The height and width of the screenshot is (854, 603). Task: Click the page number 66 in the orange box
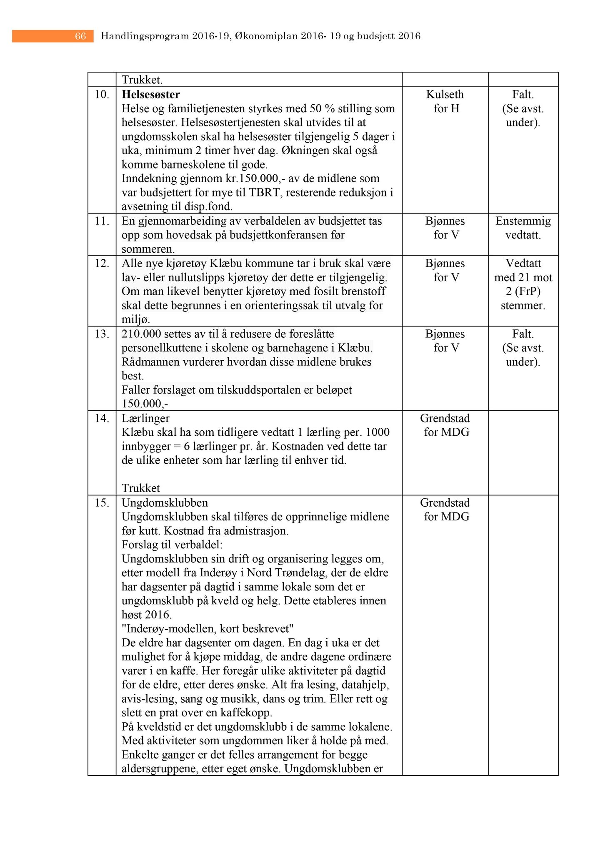[x=80, y=36]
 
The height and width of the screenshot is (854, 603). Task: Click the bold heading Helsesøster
[x=151, y=95]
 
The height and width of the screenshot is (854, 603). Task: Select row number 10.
[x=102, y=95]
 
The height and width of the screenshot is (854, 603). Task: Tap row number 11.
[x=102, y=221]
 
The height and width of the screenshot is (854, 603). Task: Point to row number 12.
[x=102, y=264]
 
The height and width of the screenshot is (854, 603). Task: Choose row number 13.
[x=102, y=334]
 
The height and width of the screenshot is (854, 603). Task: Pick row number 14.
[x=102, y=418]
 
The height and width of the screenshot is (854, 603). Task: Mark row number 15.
[x=102, y=503]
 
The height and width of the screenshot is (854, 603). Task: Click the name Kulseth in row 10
[x=445, y=95]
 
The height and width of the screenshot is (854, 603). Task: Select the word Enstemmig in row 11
[x=523, y=221]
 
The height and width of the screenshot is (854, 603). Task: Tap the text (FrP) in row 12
[x=523, y=291]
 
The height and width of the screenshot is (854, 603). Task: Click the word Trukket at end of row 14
[x=141, y=488]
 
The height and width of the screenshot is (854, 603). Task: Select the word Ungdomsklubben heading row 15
[x=165, y=503]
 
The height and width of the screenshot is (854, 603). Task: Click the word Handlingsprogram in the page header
[x=145, y=36]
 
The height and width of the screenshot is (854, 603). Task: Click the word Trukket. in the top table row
[x=142, y=80]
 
